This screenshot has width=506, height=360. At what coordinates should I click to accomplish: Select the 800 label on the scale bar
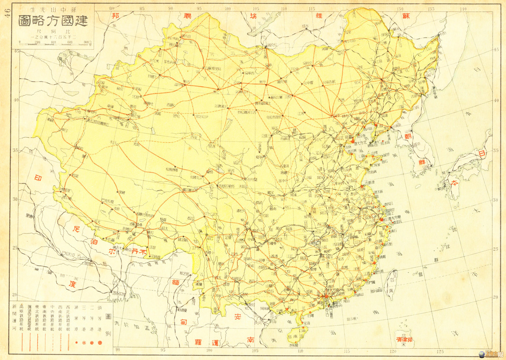(86, 41)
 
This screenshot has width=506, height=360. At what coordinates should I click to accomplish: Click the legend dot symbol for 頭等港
(100, 342)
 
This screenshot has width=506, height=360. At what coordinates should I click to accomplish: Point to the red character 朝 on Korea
(409, 136)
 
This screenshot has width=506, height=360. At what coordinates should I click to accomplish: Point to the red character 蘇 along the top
(407, 15)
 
